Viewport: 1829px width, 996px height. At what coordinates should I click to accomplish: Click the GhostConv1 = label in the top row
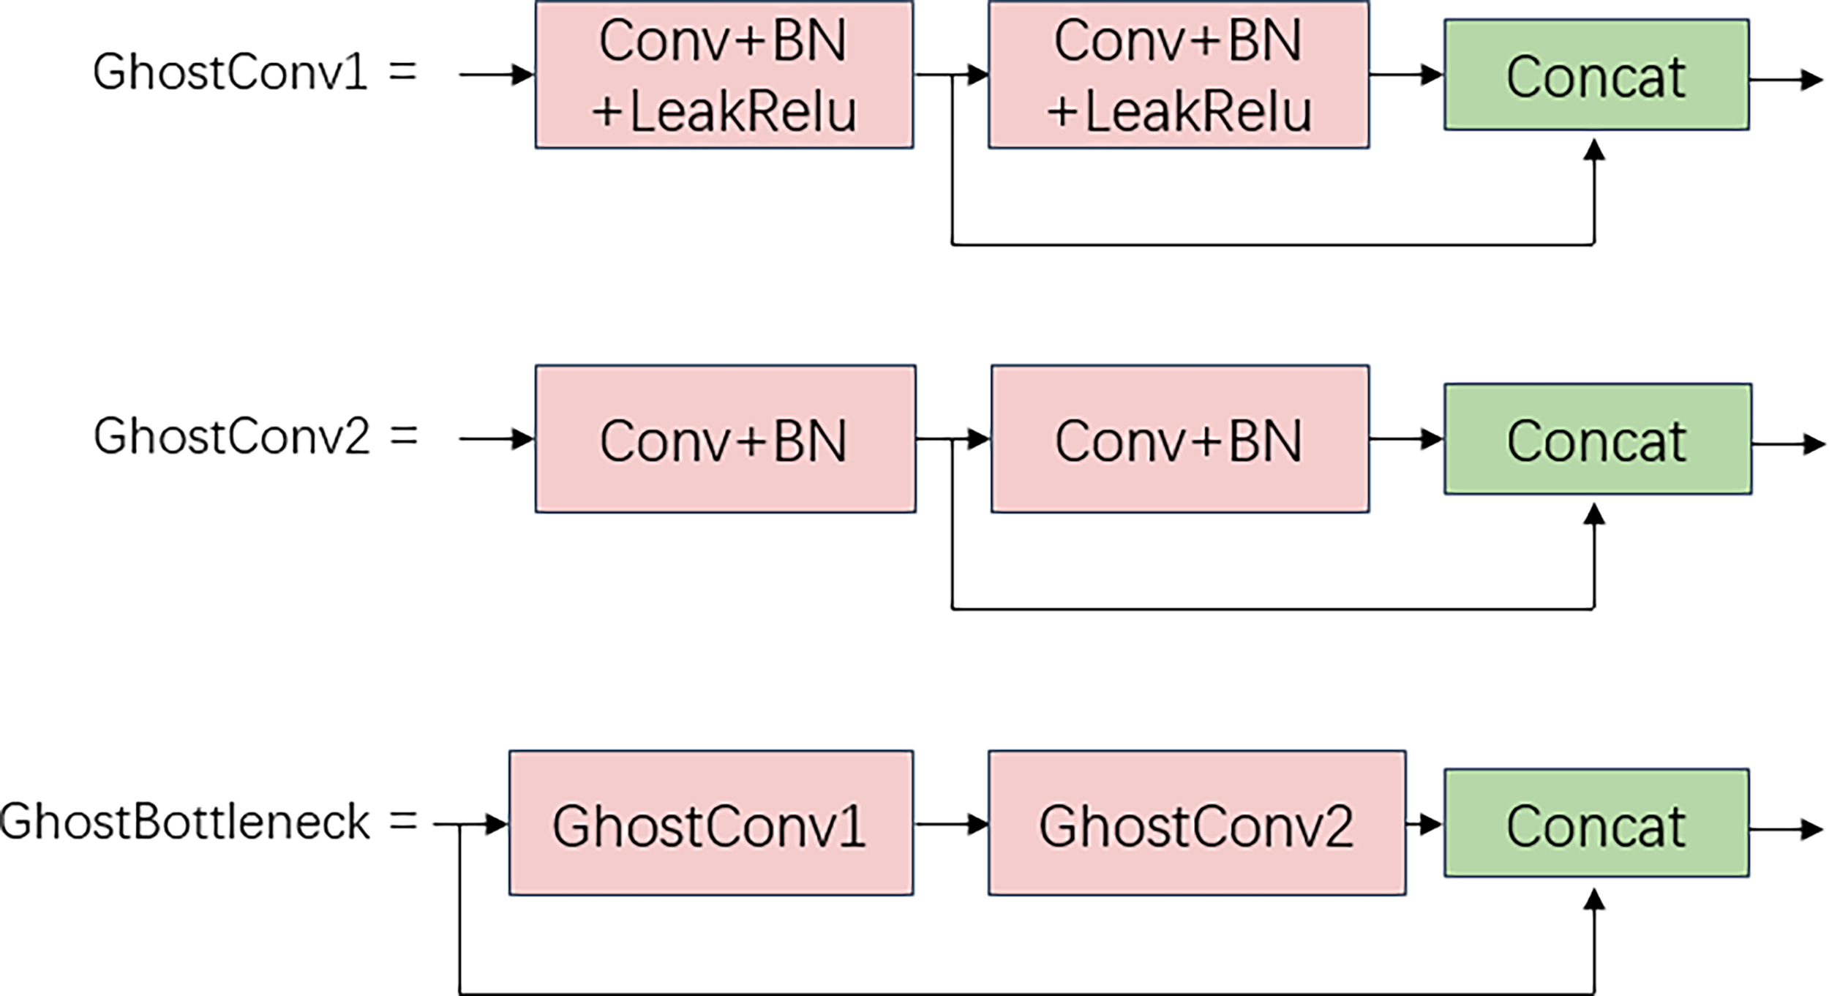(x=255, y=73)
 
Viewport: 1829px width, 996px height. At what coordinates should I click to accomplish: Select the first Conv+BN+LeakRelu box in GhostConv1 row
(x=724, y=75)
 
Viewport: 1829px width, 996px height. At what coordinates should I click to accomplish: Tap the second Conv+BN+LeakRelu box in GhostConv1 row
(x=1178, y=75)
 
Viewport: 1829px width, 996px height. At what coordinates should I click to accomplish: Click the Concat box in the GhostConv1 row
(x=1596, y=75)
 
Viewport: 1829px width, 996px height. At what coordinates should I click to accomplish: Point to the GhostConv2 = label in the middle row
(x=255, y=437)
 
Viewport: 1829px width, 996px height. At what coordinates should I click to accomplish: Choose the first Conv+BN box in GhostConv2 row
(x=725, y=439)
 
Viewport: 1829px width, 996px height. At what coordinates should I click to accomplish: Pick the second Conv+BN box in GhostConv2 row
(x=1179, y=439)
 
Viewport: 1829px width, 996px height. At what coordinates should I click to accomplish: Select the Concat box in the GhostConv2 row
(x=1597, y=439)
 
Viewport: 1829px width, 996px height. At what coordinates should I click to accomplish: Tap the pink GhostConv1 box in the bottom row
(x=710, y=823)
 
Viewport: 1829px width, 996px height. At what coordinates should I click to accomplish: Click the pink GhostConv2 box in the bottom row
(x=1196, y=823)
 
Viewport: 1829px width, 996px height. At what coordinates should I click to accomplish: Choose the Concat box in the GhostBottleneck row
(x=1596, y=823)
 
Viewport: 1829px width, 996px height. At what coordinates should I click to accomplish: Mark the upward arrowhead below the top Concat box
(x=1593, y=150)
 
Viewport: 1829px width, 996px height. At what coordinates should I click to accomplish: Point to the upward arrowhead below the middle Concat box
(x=1593, y=514)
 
